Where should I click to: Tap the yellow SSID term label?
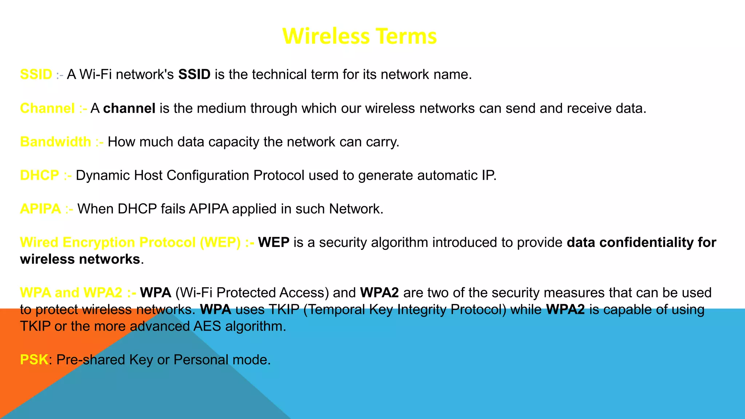coord(36,75)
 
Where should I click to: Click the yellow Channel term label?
coord(47,108)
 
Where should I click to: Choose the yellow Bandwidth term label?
coord(56,142)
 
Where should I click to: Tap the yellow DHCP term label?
coord(39,175)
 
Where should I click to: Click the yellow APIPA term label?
coord(40,209)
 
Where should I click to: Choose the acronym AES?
coord(207,326)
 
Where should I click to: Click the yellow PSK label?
coord(34,360)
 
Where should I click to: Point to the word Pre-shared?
coord(91,360)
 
